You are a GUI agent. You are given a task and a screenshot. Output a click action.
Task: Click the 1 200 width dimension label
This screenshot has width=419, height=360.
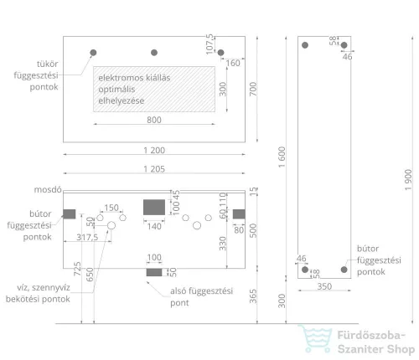[x=154, y=151]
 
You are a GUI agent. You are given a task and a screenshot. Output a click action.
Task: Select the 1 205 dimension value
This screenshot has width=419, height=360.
[x=154, y=169]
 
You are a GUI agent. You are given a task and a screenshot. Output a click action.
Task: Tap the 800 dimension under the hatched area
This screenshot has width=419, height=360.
[x=154, y=120]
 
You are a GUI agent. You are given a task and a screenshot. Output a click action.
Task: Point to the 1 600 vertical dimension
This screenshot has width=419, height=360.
[x=282, y=157]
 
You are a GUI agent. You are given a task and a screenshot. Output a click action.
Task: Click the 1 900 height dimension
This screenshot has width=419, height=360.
[x=408, y=180]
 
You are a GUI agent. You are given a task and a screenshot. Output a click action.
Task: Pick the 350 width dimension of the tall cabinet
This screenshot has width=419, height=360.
[x=324, y=286]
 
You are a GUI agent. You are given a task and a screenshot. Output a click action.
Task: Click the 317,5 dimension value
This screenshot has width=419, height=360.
[x=87, y=237]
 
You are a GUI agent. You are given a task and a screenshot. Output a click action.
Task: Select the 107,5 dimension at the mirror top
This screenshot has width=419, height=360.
[x=209, y=44]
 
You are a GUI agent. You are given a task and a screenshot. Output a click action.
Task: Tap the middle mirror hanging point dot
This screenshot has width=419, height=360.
[x=154, y=53]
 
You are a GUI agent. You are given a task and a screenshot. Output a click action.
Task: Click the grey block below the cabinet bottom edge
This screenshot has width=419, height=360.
[x=154, y=272]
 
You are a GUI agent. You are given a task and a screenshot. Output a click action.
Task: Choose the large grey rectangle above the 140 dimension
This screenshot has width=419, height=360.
[x=154, y=208]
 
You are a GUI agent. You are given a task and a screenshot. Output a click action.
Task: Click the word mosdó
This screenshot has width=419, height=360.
[x=48, y=190]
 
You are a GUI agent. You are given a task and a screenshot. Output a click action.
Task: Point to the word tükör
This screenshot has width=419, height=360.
[x=48, y=64]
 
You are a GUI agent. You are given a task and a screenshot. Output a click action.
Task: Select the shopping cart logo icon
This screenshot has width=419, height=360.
[x=316, y=338]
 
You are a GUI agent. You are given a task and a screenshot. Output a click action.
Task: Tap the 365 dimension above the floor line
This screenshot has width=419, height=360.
[x=253, y=296]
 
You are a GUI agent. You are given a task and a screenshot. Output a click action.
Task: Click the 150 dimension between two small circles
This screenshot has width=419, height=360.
[x=111, y=208]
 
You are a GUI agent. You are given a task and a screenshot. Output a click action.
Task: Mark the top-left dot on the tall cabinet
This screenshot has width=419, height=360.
[x=305, y=45]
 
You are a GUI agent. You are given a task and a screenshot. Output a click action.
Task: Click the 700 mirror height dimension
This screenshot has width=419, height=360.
[x=253, y=89]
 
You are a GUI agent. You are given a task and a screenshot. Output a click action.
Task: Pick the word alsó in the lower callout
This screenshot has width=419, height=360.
[x=178, y=291]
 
